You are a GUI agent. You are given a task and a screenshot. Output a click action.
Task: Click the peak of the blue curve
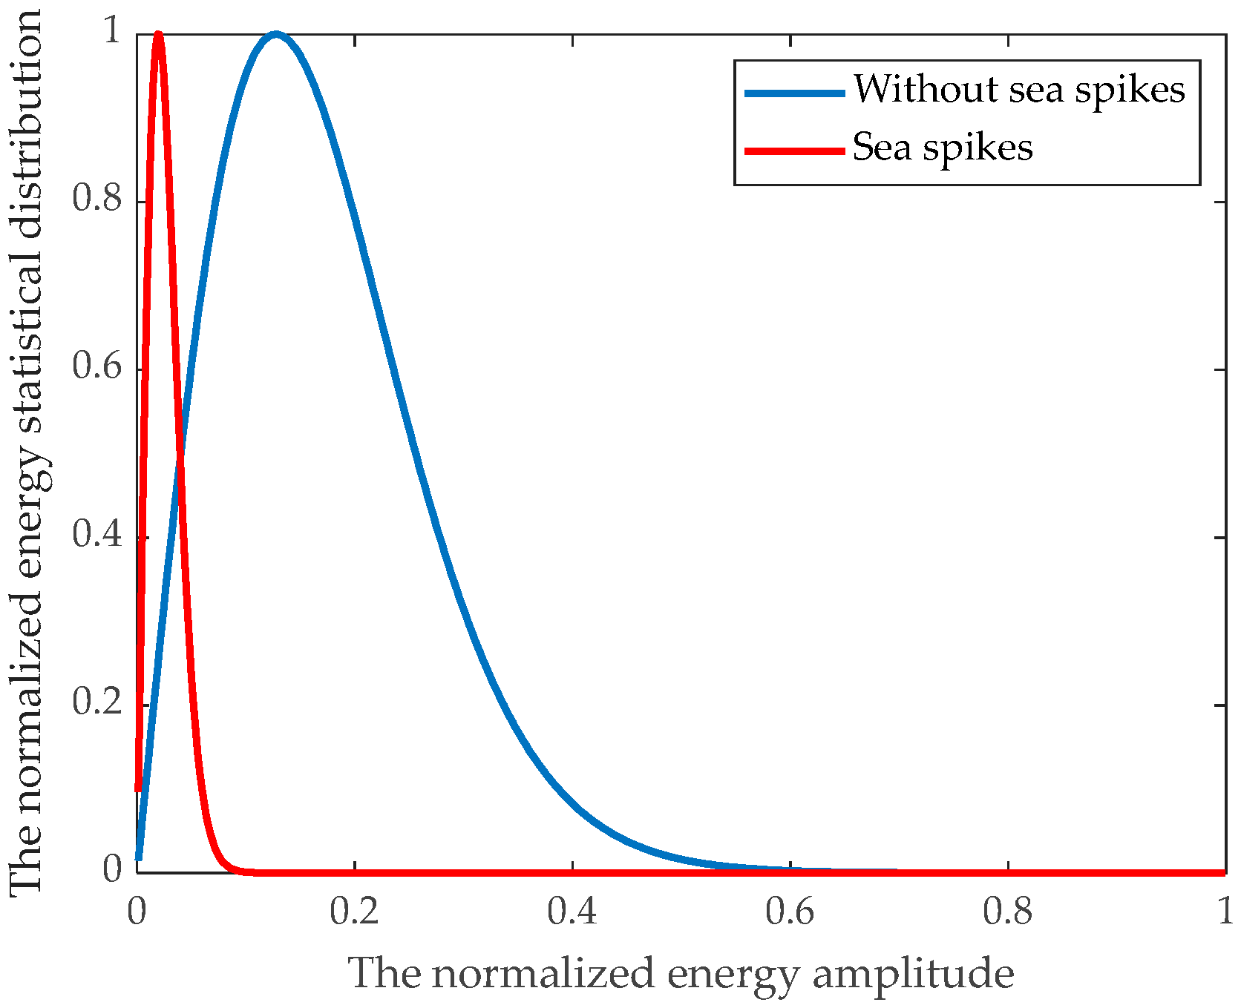coord(276,35)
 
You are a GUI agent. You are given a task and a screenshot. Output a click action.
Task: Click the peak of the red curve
coord(158,34)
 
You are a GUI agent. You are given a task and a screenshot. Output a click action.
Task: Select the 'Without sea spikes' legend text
coord(1019,90)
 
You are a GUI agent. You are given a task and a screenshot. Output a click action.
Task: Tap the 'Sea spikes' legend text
coord(943,148)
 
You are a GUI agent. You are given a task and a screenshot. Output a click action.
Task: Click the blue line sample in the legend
coord(795,93)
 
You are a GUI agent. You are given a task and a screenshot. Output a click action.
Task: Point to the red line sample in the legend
coord(795,151)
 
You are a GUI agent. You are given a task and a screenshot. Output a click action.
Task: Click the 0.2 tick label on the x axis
coord(355,912)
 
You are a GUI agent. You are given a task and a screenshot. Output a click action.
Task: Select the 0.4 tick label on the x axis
coord(572,912)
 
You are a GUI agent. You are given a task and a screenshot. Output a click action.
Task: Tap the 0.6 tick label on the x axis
coord(790,912)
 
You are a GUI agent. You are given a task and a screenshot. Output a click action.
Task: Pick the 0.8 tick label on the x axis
coord(1008,912)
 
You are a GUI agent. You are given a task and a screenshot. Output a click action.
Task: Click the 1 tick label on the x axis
coord(1225,912)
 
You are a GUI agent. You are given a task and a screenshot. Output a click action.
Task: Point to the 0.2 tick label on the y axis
coord(97,702)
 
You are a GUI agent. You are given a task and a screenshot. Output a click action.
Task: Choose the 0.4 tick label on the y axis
coord(97,535)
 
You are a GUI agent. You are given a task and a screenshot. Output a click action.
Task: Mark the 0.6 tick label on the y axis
coord(97,367)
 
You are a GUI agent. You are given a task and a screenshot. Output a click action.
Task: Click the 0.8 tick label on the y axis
coord(97,200)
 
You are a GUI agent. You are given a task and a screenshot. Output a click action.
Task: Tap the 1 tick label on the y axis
coord(112,32)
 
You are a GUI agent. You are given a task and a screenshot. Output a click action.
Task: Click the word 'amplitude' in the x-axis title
coord(913,975)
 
